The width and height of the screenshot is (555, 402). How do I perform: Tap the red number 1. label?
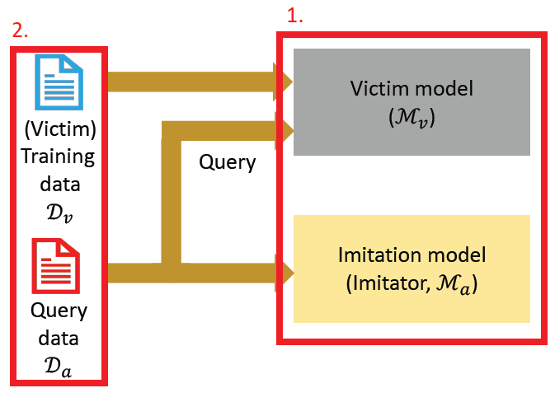295,16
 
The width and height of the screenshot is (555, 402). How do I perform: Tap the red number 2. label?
21,30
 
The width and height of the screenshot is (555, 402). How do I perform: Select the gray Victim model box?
411,101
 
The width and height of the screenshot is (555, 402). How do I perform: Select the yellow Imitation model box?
411,269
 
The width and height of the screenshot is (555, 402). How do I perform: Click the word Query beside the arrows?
227,162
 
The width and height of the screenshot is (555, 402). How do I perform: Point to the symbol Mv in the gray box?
411,117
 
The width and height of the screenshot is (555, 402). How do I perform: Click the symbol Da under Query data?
57,370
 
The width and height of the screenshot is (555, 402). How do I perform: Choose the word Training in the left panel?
57,157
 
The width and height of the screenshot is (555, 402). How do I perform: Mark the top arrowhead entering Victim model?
286,81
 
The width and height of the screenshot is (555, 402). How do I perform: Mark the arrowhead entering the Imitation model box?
287,271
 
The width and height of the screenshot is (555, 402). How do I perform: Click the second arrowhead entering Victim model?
286,129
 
